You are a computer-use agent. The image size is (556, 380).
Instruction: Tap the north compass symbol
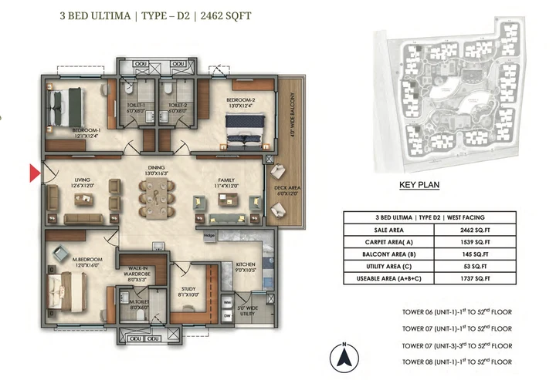(x=344, y=358)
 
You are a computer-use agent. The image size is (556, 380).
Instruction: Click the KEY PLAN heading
(x=419, y=185)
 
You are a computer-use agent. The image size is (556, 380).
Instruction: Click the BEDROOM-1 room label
(x=86, y=130)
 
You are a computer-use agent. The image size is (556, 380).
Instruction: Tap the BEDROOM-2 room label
(x=241, y=100)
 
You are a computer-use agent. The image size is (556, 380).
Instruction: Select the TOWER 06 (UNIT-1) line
(x=446, y=311)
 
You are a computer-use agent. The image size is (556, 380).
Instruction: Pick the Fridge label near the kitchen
(x=209, y=235)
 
